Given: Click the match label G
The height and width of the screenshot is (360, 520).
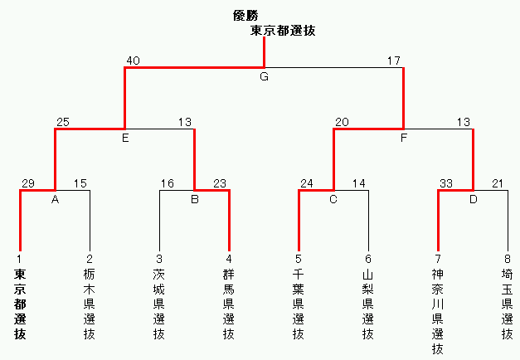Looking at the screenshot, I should pos(264,76).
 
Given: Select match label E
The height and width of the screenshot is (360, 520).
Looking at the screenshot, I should pos(124,138).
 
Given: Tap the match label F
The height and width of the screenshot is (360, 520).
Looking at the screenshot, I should pos(403,138).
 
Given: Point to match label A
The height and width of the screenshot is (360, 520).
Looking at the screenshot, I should pos(55,199).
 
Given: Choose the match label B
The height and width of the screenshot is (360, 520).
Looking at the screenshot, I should pos(194,199).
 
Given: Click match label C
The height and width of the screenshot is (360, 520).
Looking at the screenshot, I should pos(333,199).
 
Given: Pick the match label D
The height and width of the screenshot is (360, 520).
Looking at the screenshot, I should pos(473,199).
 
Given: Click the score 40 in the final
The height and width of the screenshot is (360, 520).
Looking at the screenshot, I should pos(134,61).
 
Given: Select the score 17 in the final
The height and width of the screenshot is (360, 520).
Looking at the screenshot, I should pos(394,61).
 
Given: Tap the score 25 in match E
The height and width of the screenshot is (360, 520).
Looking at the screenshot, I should pos(63,122).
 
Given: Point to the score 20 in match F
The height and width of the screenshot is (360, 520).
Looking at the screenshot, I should pos(342,122).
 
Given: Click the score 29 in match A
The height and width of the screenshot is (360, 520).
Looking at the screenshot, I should pos(28,183).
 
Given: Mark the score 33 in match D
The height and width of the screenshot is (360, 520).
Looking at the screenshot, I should pos(446,183).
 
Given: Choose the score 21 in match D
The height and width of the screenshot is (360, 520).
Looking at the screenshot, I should pos(498,183).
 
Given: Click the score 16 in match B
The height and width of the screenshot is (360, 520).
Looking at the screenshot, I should pos(168,183).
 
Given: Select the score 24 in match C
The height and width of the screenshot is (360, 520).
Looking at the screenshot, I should pos(307,183).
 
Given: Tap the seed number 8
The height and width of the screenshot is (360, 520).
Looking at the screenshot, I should pos(508,258).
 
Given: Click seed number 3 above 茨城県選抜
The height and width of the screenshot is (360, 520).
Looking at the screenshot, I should pos(159,258).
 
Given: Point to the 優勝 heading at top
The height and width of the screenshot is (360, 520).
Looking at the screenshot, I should pos(248,15).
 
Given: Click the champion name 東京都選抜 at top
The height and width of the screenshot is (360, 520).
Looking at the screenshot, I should pos(283,31).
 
